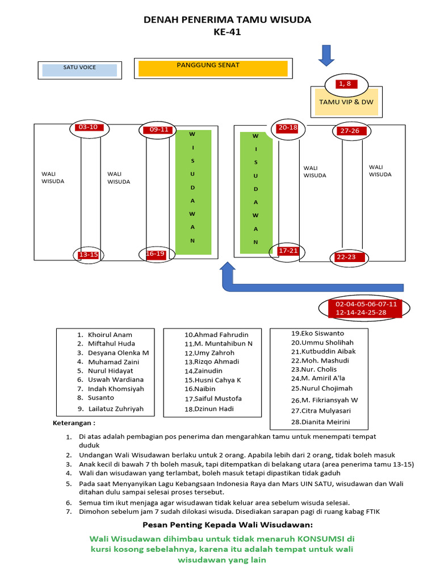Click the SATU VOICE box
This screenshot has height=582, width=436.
click(79, 70)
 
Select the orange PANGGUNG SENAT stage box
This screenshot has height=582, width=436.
click(213, 68)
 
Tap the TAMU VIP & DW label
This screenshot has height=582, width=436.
click(346, 102)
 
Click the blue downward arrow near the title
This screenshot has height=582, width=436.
click(326, 55)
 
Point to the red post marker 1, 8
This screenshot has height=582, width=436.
click(345, 84)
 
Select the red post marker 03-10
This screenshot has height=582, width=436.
click(88, 128)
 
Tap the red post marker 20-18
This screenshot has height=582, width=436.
click(288, 128)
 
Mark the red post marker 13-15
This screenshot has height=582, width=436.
click(89, 255)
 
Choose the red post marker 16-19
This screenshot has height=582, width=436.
click(156, 254)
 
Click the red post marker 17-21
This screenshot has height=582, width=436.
click(288, 251)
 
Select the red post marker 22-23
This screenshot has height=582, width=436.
click(346, 257)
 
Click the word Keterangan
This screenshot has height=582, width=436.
click(74, 423)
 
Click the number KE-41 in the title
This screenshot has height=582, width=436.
click(227, 32)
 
